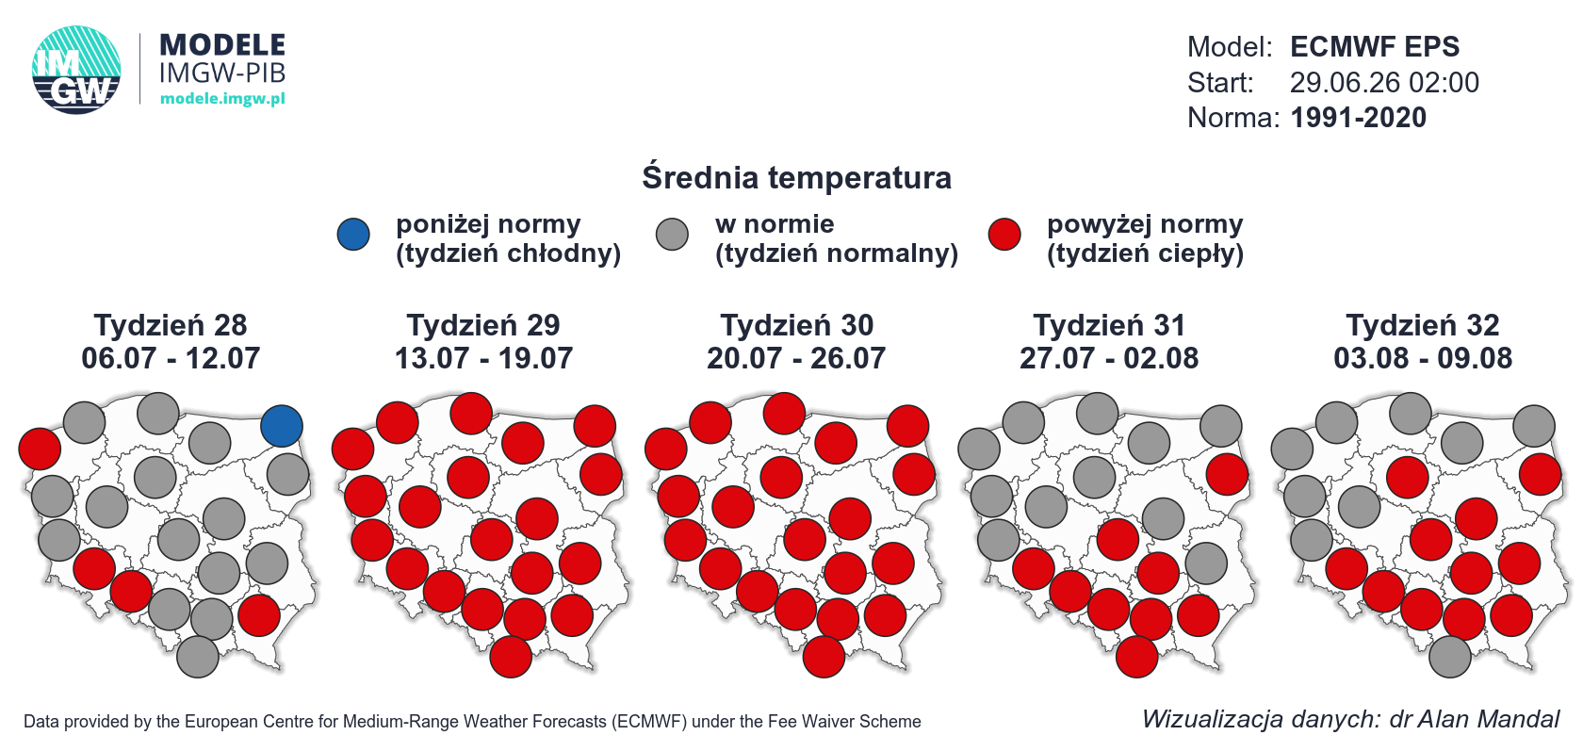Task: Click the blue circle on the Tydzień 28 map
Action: (281, 426)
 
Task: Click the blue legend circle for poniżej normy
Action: (353, 235)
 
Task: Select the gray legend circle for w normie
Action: (672, 235)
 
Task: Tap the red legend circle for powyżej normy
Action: (1004, 235)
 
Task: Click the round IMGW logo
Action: (76, 70)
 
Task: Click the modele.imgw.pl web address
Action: (222, 98)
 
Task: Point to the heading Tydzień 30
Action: (796, 325)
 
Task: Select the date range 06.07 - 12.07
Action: (171, 358)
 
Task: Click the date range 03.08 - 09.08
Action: (1423, 358)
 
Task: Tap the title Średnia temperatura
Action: (796, 177)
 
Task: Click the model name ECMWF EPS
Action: (1375, 47)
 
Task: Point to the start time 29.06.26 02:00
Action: (1384, 83)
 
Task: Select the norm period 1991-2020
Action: (1359, 117)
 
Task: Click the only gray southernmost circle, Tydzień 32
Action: (1449, 657)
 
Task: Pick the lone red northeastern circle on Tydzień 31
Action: (1227, 474)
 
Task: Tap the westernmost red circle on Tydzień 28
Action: (40, 449)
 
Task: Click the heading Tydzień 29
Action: (483, 325)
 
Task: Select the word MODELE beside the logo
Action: (222, 45)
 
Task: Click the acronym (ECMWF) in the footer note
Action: (649, 722)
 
